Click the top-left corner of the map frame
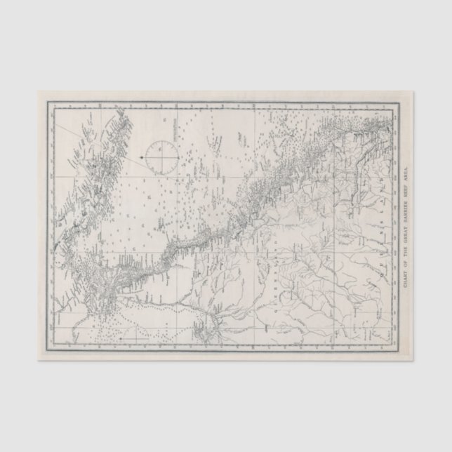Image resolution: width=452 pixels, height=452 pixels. pos(48,102)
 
